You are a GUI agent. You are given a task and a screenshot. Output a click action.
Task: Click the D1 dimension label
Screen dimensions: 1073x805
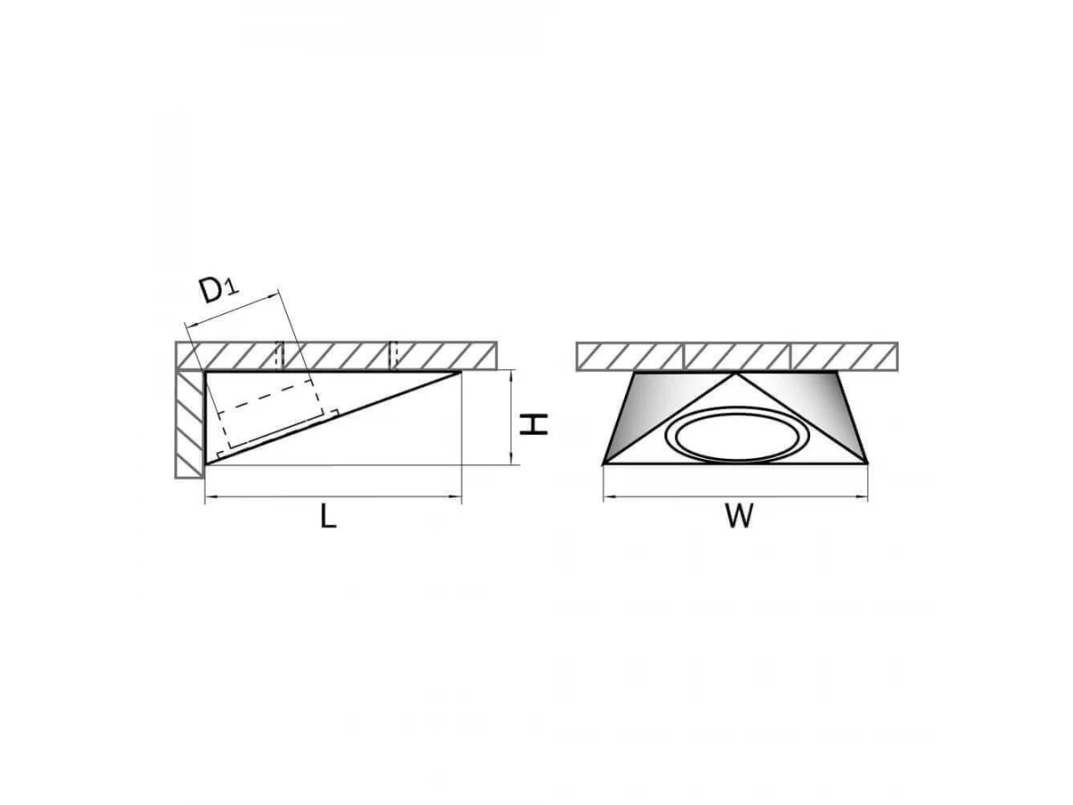pos(219,290)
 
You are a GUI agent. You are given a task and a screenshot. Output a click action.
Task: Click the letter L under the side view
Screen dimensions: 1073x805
pos(328,516)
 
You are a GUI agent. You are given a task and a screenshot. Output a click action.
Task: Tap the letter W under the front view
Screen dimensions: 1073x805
pos(739,516)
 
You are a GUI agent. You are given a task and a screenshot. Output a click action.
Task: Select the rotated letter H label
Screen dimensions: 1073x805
pos(533,424)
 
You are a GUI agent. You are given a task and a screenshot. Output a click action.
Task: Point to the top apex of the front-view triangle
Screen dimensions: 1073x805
pos(737,374)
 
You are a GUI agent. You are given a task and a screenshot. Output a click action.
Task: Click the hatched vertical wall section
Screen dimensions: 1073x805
pos(190,424)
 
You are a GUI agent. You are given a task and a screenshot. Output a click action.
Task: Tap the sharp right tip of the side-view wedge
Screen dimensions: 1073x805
pos(460,372)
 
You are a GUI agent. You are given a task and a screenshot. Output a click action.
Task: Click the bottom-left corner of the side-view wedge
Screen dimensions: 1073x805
pos(206,463)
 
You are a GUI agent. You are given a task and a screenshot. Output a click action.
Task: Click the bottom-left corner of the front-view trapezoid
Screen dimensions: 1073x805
pos(604,462)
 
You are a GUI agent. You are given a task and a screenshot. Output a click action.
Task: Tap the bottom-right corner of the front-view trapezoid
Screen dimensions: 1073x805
pos(867,462)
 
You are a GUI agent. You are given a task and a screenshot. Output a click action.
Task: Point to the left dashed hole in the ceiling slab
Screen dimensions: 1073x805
pos(280,355)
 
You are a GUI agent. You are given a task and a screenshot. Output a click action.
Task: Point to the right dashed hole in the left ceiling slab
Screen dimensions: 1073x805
pos(393,355)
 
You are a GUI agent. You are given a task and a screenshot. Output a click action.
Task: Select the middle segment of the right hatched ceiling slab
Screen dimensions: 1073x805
pos(736,356)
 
